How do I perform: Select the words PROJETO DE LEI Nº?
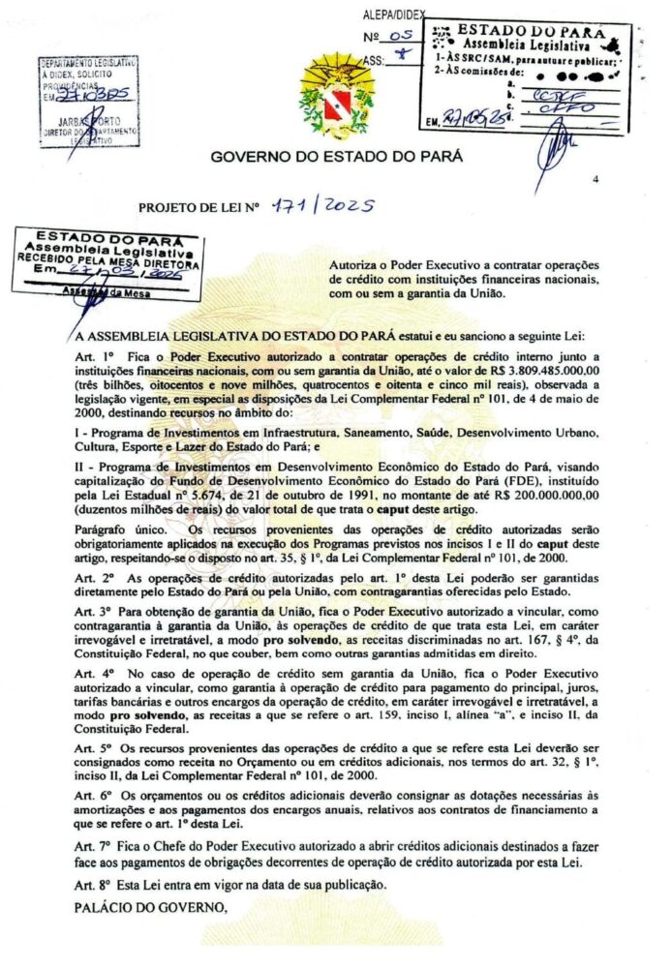[x=201, y=207]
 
